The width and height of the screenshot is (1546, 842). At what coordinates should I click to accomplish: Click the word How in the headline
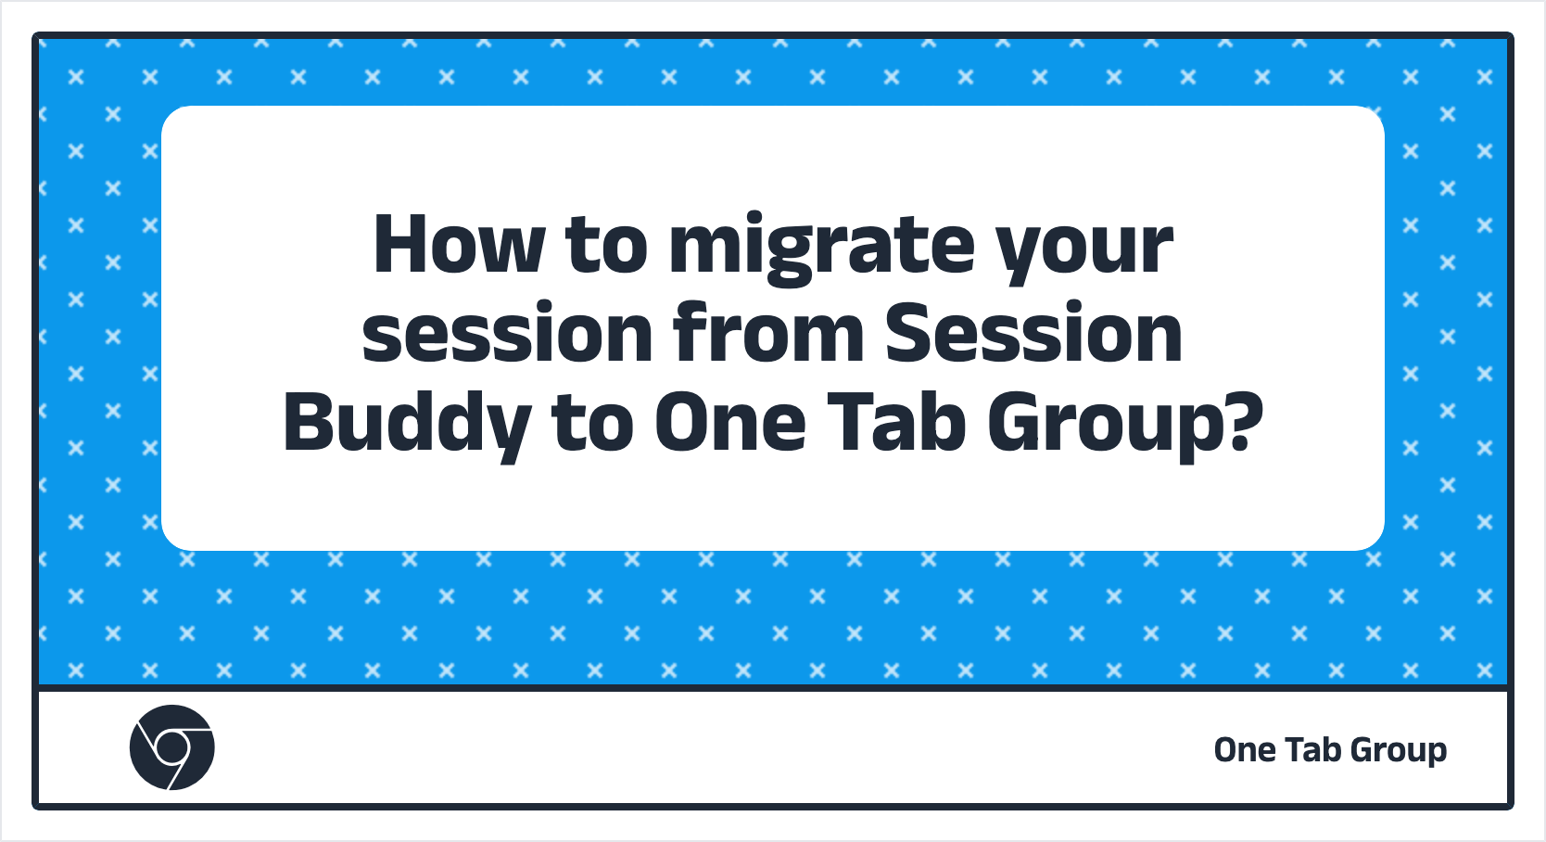click(x=459, y=245)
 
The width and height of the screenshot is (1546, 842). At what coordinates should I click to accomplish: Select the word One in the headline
click(x=730, y=423)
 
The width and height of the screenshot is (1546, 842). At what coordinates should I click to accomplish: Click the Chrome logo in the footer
click(x=171, y=747)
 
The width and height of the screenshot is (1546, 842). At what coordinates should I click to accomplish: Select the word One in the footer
click(x=1245, y=750)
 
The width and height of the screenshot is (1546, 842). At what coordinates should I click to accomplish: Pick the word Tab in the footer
click(x=1312, y=749)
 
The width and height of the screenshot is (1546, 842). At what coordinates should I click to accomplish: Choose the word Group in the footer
click(x=1399, y=751)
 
